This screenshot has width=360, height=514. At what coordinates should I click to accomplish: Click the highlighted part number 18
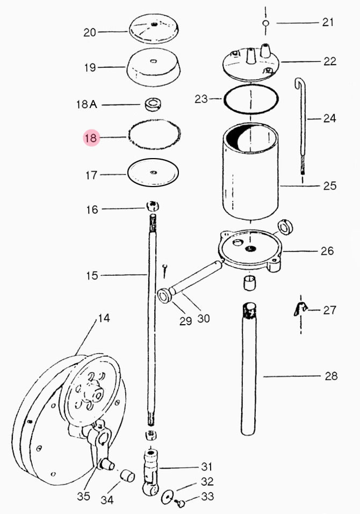(x=91, y=138)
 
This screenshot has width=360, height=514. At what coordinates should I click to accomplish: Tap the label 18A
(x=87, y=104)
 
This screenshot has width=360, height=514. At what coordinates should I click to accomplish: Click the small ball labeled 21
(x=265, y=23)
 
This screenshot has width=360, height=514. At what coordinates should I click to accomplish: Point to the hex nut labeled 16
(x=153, y=206)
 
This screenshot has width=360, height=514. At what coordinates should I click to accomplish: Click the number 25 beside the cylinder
(x=330, y=186)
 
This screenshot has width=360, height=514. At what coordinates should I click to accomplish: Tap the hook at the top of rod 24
(x=299, y=83)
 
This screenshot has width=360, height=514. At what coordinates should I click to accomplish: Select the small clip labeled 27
(x=300, y=309)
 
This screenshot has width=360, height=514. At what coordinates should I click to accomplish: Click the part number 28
(x=331, y=376)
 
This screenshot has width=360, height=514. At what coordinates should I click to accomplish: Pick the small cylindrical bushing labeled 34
(x=127, y=476)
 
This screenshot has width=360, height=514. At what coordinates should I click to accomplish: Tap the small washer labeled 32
(x=168, y=497)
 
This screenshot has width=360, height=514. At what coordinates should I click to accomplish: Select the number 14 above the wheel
(x=104, y=318)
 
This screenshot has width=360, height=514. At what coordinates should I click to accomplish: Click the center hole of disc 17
(x=153, y=172)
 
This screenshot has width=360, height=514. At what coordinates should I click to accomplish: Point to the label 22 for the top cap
(x=330, y=61)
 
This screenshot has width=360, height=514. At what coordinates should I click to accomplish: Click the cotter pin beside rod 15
(x=166, y=271)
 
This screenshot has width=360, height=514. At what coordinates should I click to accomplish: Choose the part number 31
(x=207, y=467)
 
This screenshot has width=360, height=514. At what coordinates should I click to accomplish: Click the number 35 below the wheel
(x=83, y=496)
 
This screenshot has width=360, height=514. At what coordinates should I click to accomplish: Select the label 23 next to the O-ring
(x=201, y=99)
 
